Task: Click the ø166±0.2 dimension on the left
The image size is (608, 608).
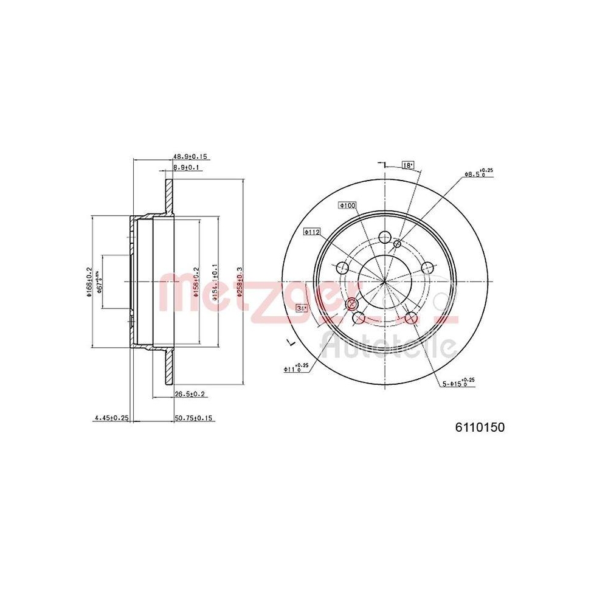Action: [x=89, y=282]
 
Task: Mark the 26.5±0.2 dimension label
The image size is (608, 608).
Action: [x=190, y=395]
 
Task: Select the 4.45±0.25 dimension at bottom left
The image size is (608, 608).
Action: [x=111, y=418]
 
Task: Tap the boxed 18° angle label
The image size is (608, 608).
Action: [x=407, y=165]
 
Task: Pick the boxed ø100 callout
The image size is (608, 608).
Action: [x=347, y=206]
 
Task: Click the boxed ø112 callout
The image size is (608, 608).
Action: [x=313, y=232]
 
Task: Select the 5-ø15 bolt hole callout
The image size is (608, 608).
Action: [x=457, y=382]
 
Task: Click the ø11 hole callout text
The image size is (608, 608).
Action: [x=296, y=368]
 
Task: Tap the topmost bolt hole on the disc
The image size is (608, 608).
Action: [x=384, y=237]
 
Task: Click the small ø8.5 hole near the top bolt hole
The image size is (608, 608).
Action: [x=397, y=244]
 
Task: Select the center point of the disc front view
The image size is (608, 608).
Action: [x=384, y=282]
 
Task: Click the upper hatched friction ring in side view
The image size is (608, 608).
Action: [x=168, y=195]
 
